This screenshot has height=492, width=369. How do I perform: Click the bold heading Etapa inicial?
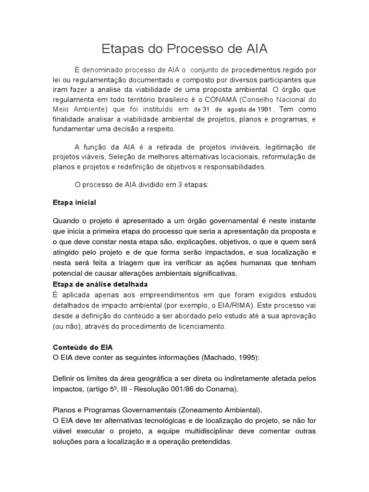[74, 202]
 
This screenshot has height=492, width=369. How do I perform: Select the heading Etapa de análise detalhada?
[100, 283]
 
